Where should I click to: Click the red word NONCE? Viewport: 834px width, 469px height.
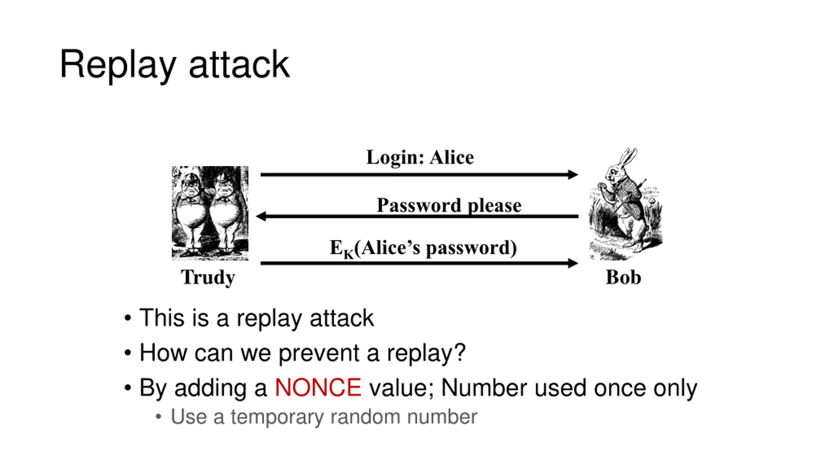(x=318, y=388)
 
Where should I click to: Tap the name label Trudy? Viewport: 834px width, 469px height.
(x=208, y=277)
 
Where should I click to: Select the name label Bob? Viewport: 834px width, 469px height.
(x=623, y=277)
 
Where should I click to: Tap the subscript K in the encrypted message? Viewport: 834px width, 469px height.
(x=348, y=254)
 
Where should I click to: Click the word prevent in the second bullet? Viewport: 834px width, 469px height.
(x=319, y=353)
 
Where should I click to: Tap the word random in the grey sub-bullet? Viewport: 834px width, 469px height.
(x=365, y=417)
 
